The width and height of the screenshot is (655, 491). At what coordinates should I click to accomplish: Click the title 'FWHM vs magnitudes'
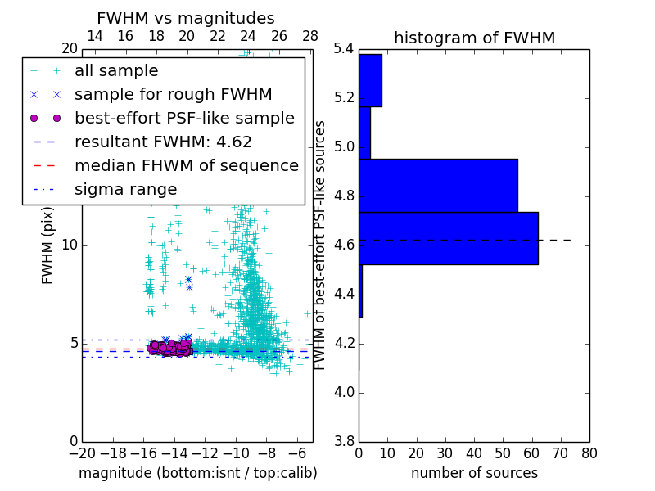185,18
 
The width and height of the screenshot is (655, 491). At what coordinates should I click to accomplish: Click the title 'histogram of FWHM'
474,38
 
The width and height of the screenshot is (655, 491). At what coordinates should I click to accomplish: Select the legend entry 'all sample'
116,71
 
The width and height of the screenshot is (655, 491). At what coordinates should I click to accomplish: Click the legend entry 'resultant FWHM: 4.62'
163,142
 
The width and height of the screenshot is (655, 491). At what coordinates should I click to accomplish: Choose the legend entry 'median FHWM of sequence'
186,165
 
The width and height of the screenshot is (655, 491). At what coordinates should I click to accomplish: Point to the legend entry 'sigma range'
125,189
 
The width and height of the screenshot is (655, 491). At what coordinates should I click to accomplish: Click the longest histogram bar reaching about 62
448,238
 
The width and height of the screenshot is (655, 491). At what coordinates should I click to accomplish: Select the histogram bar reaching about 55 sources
438,185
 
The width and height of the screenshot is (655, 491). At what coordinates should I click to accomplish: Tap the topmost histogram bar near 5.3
370,80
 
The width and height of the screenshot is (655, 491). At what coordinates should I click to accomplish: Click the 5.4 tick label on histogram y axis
345,49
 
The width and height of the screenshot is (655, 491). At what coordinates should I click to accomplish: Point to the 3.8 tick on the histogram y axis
345,441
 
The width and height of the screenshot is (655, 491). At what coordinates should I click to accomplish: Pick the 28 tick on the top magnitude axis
310,36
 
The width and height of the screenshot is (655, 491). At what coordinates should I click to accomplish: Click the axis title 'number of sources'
474,473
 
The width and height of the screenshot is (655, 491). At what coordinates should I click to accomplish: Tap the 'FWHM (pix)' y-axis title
48,245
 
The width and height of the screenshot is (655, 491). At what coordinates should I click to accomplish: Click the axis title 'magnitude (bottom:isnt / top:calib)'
197,473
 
